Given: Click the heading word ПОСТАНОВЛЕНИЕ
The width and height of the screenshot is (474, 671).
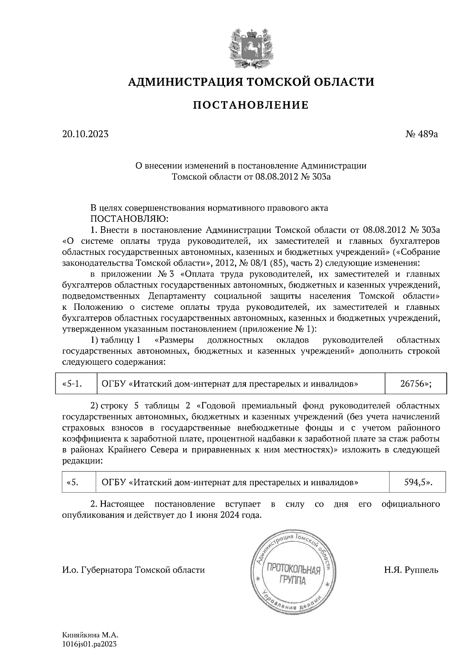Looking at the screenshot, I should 250,105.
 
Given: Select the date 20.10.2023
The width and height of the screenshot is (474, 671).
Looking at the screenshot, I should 85,134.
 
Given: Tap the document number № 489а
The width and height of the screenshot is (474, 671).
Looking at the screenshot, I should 422,134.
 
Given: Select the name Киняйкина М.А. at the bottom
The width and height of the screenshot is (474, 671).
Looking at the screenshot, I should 90,636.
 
